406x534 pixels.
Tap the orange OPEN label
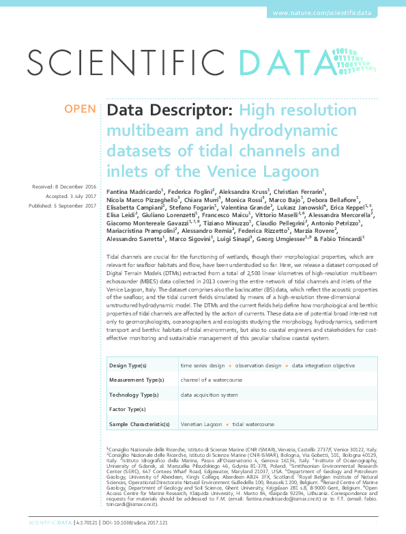[x=81, y=109]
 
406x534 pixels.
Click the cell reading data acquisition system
[x=209, y=395]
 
